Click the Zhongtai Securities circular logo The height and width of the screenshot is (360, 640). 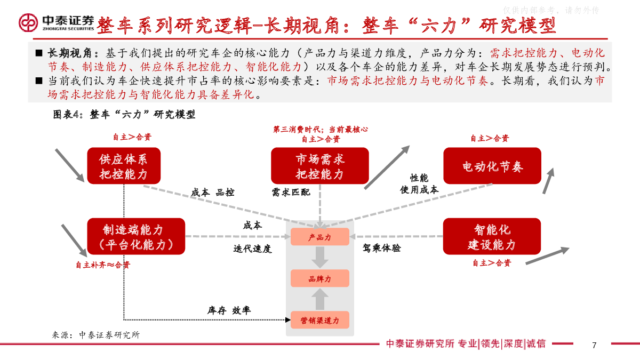pos(28,22)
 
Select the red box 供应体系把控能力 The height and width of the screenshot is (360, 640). pos(124,166)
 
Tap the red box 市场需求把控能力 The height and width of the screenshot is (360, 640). pos(319,166)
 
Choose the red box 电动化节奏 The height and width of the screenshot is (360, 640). pos(492,166)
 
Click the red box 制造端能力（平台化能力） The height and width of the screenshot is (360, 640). pos(136,236)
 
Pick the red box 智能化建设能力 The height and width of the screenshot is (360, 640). pos(492,236)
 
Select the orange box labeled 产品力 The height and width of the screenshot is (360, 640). pos(319,237)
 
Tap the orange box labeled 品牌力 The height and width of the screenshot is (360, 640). pos(319,278)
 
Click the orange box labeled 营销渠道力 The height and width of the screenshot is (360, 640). pos(319,320)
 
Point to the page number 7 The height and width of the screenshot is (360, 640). pos(594,346)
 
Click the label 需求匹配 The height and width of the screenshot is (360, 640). pos(291,193)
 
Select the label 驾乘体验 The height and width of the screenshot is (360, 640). pos(382,247)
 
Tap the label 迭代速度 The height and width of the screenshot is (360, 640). pos(252,249)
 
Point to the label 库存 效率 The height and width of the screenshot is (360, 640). pos(229,310)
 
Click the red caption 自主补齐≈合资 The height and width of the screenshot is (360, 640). pos(103,265)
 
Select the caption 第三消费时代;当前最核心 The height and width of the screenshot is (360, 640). pos(321,130)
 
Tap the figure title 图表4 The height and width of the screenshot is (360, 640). pos(66,115)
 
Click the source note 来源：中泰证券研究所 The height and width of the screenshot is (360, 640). pos(95,335)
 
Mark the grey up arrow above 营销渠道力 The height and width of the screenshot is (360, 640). pos(319,299)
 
